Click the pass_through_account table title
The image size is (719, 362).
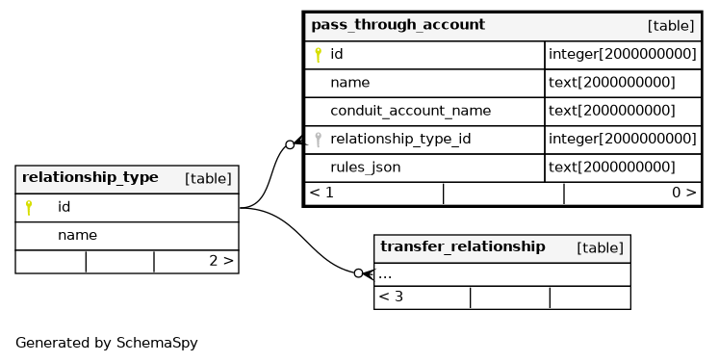click(398, 25)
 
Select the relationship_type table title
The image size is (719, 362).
click(90, 177)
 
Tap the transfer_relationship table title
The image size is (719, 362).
click(463, 246)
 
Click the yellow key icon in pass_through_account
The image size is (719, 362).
click(318, 55)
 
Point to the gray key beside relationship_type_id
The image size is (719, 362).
click(318, 140)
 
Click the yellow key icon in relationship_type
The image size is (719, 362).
click(29, 207)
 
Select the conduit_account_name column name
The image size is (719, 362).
click(410, 111)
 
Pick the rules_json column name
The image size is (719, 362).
click(366, 168)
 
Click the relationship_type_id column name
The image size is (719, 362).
click(400, 139)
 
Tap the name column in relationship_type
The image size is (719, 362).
click(77, 235)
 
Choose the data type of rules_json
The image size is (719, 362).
click(612, 167)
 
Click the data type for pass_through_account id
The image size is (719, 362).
click(622, 54)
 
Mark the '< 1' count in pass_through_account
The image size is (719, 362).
click(321, 193)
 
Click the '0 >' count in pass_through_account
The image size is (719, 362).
click(683, 193)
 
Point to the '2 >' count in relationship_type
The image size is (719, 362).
click(221, 261)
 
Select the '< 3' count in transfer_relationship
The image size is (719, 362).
click(391, 297)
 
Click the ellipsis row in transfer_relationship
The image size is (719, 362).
click(385, 275)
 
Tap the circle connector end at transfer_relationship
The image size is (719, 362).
click(359, 273)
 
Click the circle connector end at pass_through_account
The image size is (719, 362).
click(290, 145)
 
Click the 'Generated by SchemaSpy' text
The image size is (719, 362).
click(107, 343)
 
